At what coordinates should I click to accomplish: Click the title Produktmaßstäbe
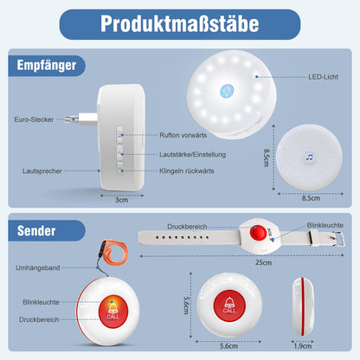[180, 23]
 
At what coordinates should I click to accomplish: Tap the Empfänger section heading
[47, 65]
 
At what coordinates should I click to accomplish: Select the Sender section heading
[36, 231]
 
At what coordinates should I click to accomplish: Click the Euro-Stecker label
[34, 119]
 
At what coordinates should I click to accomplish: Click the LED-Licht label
[323, 77]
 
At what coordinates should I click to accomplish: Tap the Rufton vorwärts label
[183, 135]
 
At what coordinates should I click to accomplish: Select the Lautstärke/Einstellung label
[193, 154]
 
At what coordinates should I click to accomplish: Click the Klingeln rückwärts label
[187, 170]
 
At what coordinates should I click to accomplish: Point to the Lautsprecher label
[42, 171]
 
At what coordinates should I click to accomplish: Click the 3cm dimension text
[121, 200]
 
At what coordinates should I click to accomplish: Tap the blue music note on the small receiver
[309, 157]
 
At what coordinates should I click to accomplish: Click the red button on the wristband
[258, 232]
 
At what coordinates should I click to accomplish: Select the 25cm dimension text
[263, 262]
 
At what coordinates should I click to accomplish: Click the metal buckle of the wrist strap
[337, 239]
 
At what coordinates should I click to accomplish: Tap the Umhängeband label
[38, 267]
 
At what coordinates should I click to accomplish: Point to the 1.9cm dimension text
[303, 346]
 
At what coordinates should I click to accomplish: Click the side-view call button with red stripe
[303, 306]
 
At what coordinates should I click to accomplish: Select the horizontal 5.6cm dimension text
[228, 346]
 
